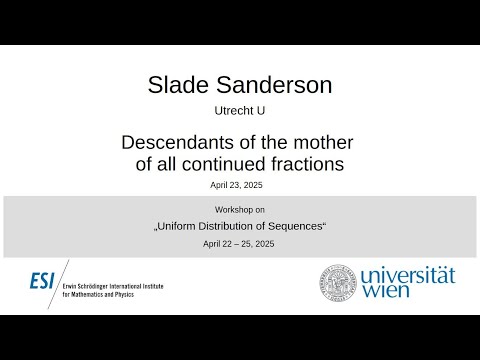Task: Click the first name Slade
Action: pyautogui.click(x=181, y=86)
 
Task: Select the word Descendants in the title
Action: pyautogui.click(x=178, y=143)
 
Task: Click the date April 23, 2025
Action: pyautogui.click(x=239, y=186)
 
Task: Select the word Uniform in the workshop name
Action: pyautogui.click(x=180, y=226)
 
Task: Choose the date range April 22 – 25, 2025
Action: pyautogui.click(x=239, y=244)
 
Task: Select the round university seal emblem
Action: pyautogui.click(x=337, y=283)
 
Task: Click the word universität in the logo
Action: pyautogui.click(x=406, y=273)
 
